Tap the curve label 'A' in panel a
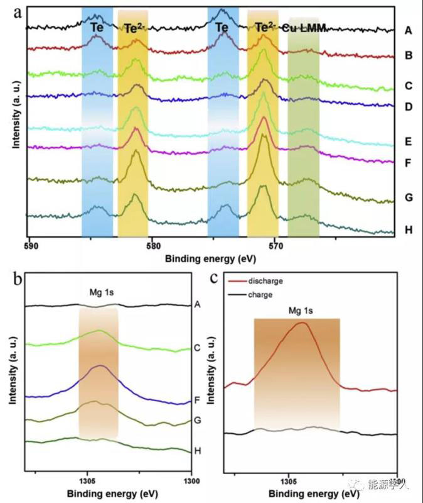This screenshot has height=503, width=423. [409, 30]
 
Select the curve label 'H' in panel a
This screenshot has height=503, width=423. [409, 229]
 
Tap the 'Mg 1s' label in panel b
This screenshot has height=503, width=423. [98, 293]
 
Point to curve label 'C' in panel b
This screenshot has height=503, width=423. [198, 346]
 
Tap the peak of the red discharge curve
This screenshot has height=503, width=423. [302, 323]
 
